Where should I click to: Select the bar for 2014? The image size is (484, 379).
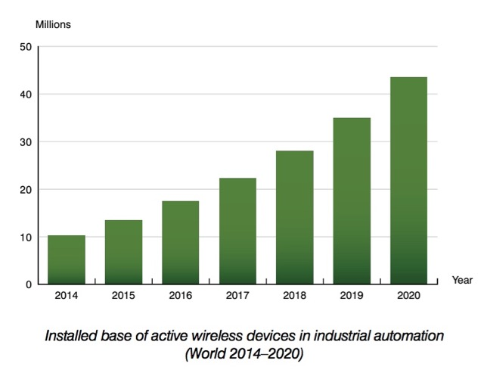(x=67, y=259)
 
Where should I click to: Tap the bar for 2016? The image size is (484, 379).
(x=181, y=242)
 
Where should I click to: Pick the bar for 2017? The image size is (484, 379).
(x=237, y=231)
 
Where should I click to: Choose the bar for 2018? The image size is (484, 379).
(x=295, y=217)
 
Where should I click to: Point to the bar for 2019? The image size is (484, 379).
(x=352, y=200)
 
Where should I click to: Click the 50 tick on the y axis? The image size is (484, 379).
(x=26, y=47)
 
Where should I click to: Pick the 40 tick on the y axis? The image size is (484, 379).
(x=26, y=95)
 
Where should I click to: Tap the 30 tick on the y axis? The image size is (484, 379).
(x=26, y=142)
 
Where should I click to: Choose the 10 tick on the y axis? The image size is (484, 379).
(x=26, y=237)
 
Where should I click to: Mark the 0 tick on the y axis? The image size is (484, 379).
(x=28, y=284)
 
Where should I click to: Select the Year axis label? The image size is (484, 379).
(x=462, y=280)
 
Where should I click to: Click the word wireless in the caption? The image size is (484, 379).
(x=217, y=334)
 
